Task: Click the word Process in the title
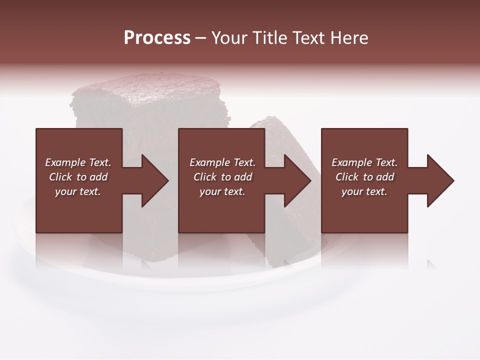click(157, 38)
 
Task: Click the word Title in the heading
click(270, 38)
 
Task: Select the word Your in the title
click(230, 38)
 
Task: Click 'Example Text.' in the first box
click(78, 162)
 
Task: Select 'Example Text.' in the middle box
click(222, 162)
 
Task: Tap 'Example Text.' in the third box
click(364, 162)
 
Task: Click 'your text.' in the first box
click(78, 191)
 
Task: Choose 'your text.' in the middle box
click(222, 191)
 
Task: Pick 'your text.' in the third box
click(364, 191)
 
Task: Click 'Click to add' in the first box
click(78, 177)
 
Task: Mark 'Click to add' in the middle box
click(222, 177)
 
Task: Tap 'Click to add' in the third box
click(364, 177)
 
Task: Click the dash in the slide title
click(200, 38)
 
